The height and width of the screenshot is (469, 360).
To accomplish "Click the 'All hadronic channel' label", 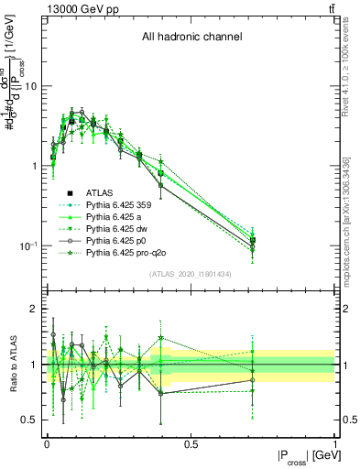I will [x=191, y=38].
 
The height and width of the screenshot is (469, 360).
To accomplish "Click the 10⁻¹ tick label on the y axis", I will [x=29, y=246].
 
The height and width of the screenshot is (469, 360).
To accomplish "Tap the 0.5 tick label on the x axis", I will [x=191, y=444].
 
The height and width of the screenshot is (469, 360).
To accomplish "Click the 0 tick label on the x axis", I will [x=47, y=444].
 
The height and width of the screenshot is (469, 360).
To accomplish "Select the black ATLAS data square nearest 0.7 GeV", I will [x=253, y=240].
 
